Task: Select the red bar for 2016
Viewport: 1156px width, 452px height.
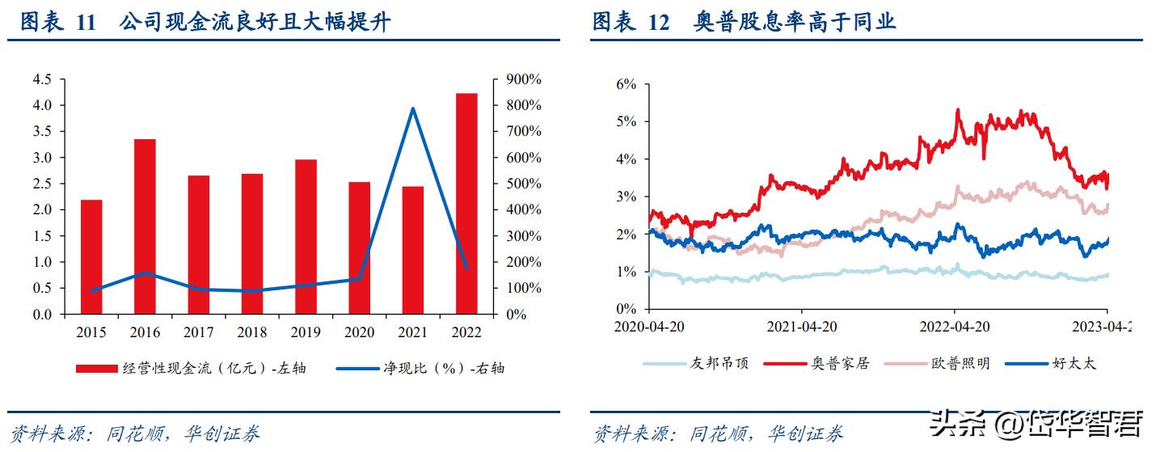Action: [x=145, y=226]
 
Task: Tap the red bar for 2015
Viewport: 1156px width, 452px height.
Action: [x=91, y=256]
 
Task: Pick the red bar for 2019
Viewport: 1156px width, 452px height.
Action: [x=306, y=236]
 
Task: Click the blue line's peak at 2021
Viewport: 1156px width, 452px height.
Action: [x=413, y=108]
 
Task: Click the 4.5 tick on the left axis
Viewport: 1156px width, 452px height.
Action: [x=41, y=79]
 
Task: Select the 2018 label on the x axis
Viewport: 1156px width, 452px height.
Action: [x=252, y=332]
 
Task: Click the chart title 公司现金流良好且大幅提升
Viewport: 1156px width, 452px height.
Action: [x=255, y=22]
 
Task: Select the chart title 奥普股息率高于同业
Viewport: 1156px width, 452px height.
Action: [x=795, y=22]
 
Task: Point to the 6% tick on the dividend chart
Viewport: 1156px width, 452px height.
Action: [x=626, y=84]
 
